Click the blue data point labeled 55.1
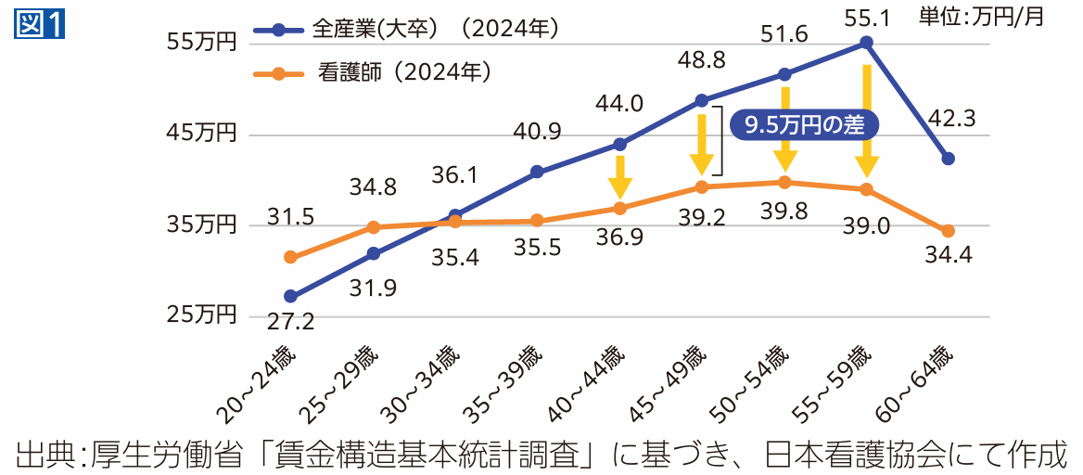[866, 43]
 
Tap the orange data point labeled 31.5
[290, 257]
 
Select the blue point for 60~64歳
[948, 159]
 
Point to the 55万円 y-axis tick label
[202, 43]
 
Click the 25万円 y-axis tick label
[202, 315]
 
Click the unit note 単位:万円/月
[992, 16]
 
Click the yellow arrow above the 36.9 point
[620, 176]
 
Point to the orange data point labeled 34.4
[948, 231]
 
